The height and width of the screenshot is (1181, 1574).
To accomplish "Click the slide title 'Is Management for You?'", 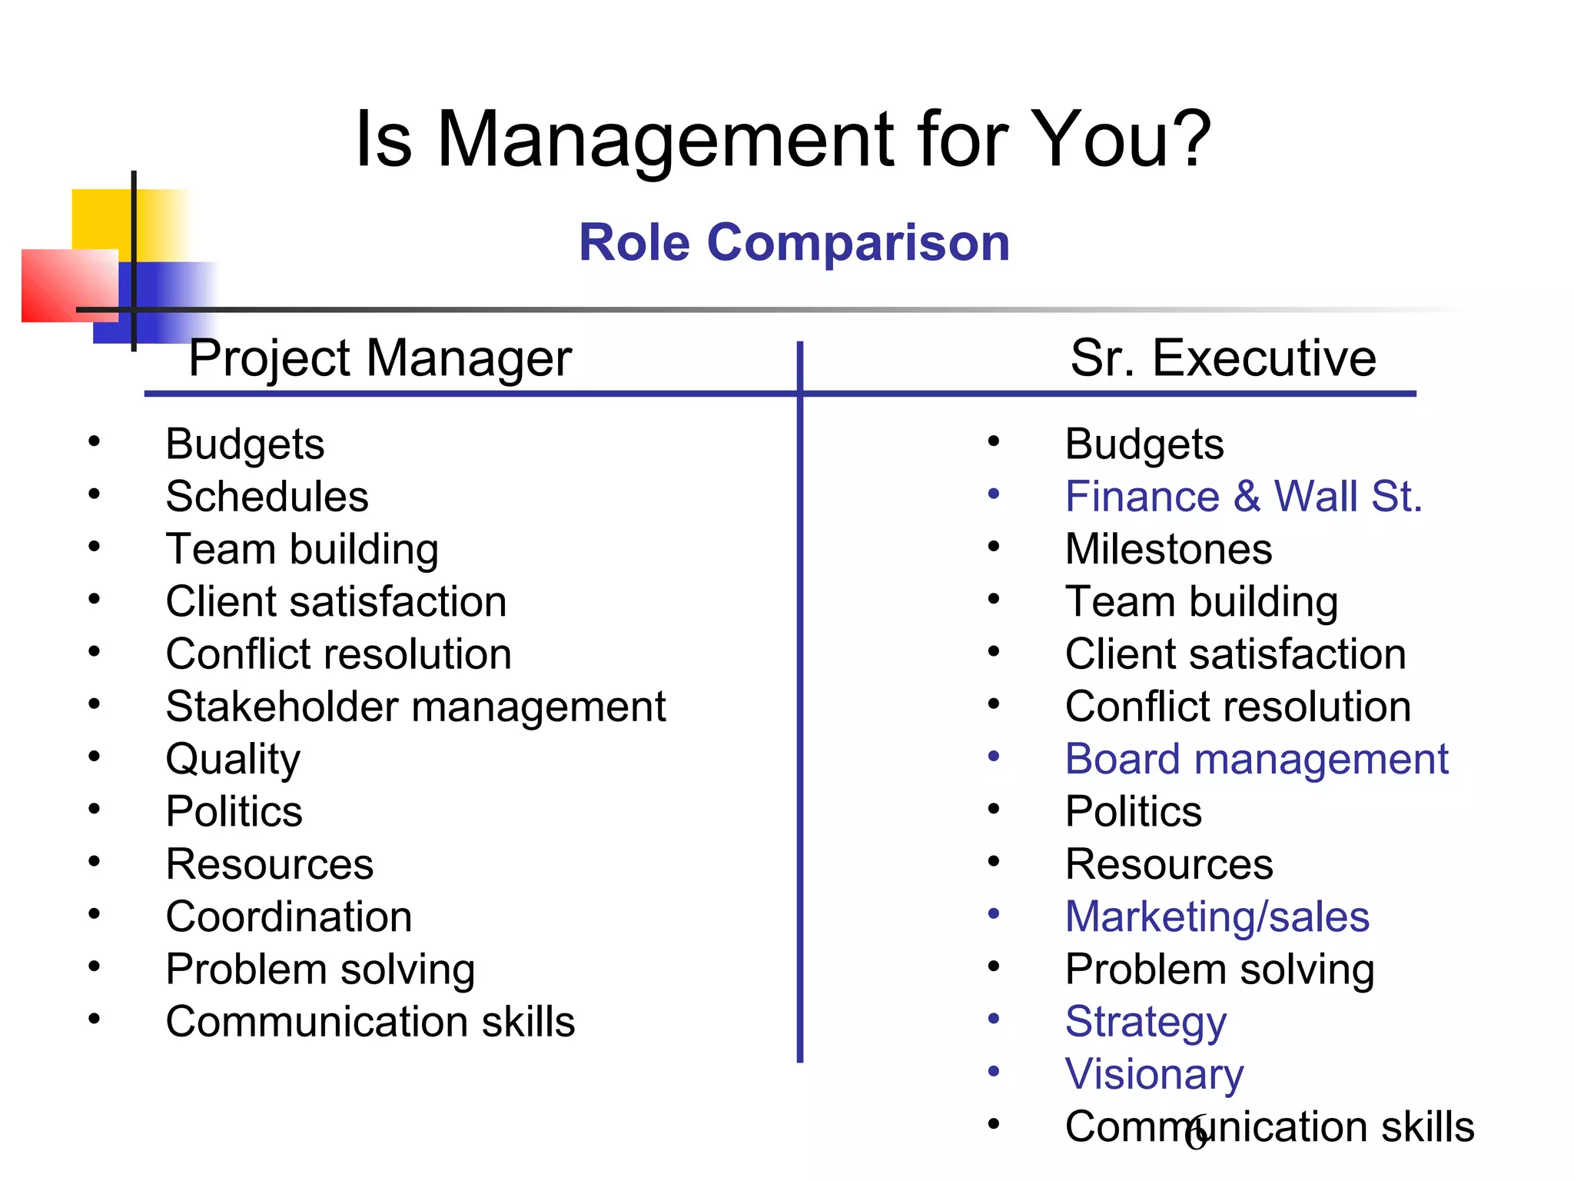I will [x=783, y=139].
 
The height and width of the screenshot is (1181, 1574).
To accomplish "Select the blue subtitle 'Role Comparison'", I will [x=794, y=243].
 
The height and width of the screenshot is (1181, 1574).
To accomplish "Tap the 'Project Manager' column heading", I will [x=380, y=358].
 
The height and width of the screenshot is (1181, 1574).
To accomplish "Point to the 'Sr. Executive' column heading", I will [x=1223, y=358].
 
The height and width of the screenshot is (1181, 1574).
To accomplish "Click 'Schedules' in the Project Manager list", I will [x=267, y=497].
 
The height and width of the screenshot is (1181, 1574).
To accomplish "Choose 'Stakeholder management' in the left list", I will [x=416, y=707].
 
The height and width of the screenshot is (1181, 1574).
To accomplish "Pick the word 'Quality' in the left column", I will [x=233, y=760].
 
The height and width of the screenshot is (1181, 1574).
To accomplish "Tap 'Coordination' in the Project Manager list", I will [x=289, y=917].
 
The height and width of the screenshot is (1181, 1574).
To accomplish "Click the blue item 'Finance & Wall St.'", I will [x=1244, y=497].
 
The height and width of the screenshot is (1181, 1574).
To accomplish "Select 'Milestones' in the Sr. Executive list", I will [x=1168, y=549].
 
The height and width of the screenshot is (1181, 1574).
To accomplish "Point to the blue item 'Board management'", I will [x=1257, y=760].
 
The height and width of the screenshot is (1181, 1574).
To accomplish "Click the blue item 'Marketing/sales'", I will [x=1217, y=917].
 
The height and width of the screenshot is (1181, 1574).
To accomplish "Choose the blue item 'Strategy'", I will [x=1146, y=1022].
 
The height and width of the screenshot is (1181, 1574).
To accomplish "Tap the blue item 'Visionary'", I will [x=1154, y=1074].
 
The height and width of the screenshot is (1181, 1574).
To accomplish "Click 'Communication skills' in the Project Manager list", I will [x=370, y=1022].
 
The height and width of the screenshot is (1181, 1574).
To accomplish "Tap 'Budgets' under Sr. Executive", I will [x=1144, y=444].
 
